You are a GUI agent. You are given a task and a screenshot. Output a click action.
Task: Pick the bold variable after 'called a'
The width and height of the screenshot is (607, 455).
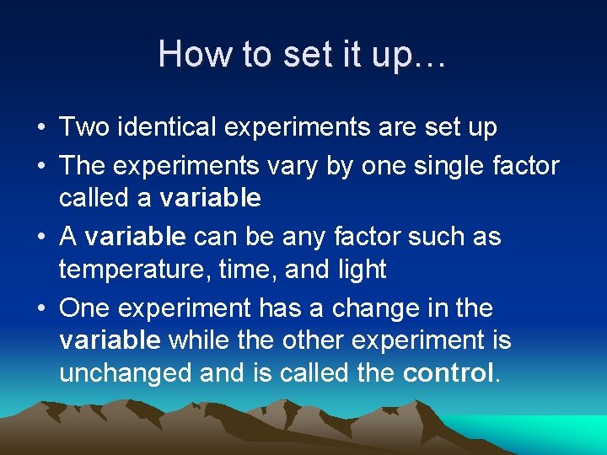click(210, 198)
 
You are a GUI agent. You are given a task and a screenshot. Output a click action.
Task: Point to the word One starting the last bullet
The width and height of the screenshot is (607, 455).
click(85, 308)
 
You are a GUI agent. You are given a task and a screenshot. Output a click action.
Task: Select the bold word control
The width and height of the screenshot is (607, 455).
click(449, 373)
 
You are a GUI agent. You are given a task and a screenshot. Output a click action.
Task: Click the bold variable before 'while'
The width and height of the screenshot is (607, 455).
click(110, 340)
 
